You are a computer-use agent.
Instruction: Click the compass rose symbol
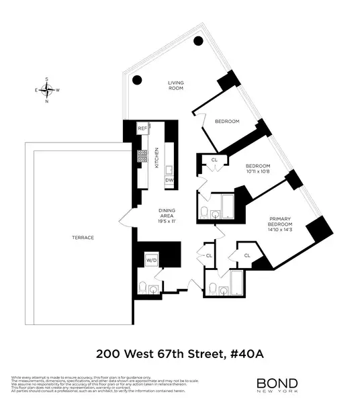point(47,90)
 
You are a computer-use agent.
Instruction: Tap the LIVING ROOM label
point(175,87)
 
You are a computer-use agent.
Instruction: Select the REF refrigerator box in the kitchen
point(142,128)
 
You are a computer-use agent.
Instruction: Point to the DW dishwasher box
point(169,180)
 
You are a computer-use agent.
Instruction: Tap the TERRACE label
point(84,238)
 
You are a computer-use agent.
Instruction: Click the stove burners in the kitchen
point(142,156)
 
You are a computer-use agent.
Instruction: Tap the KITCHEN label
point(156,157)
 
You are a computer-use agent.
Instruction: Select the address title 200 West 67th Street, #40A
point(179,351)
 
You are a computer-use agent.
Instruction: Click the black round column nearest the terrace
point(136,80)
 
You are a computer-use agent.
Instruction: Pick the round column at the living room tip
point(197,40)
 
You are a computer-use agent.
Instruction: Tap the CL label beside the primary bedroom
point(247,256)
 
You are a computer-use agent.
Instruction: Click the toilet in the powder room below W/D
point(140,289)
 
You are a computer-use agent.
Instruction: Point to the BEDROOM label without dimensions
point(227,121)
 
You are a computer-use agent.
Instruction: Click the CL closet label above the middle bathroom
point(214,160)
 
